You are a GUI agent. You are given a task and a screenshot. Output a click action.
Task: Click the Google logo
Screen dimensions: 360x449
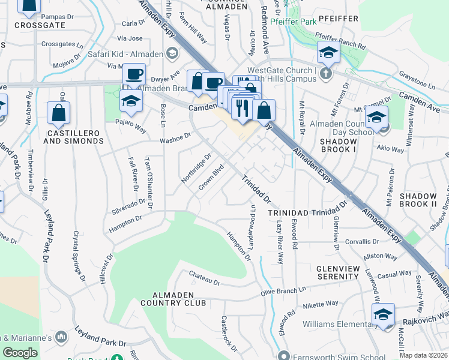coord(20,353)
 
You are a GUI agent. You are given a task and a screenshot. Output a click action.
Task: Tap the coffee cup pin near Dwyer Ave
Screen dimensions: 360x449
coord(134,75)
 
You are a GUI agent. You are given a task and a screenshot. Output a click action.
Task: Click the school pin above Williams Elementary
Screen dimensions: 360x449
coord(383,314)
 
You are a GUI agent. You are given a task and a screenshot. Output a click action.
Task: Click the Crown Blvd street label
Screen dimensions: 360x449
coord(211,177)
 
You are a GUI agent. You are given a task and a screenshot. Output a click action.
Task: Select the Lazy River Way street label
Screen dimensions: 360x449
coord(280,242)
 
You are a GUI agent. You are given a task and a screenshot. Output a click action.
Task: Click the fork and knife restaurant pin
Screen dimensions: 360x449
coord(241,107)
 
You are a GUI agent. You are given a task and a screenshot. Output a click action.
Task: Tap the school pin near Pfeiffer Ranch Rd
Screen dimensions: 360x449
coord(328,53)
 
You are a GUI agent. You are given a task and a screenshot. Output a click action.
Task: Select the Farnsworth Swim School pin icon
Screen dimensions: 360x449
coord(284,354)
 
